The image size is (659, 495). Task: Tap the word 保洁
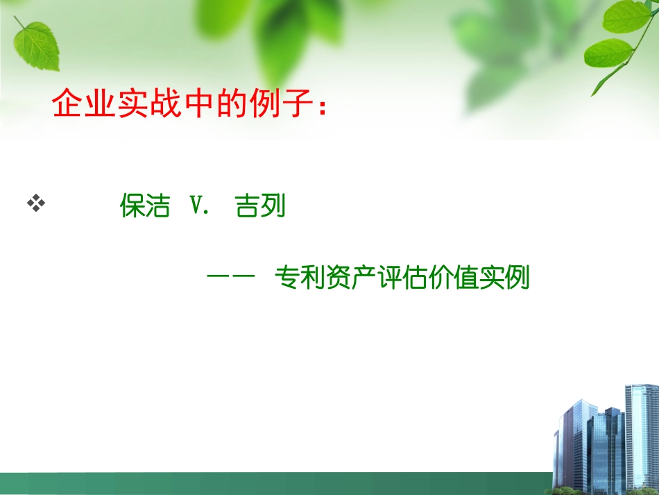[x=144, y=206]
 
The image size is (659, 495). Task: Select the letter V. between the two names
[x=199, y=206]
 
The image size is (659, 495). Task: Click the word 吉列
[x=261, y=206]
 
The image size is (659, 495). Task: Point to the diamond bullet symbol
[x=35, y=203]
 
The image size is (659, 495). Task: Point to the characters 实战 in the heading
[x=149, y=104]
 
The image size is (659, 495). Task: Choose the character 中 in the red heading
[x=198, y=104]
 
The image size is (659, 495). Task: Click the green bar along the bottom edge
[x=277, y=484]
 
